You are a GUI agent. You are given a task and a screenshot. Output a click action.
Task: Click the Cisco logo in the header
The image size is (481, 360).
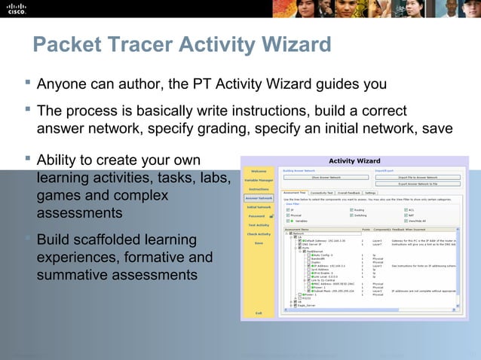[16, 8]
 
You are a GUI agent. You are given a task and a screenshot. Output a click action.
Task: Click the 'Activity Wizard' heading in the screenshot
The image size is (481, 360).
[354, 160]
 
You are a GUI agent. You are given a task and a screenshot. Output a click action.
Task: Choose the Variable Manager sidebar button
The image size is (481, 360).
[259, 179]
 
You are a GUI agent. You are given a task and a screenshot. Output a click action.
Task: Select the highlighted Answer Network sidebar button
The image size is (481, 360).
[259, 198]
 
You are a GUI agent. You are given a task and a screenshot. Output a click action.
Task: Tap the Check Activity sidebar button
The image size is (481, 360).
[259, 234]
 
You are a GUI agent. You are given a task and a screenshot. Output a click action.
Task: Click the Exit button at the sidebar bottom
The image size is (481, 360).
[259, 313]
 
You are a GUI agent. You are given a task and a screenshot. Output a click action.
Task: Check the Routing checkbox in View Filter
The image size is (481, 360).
[351, 209]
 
